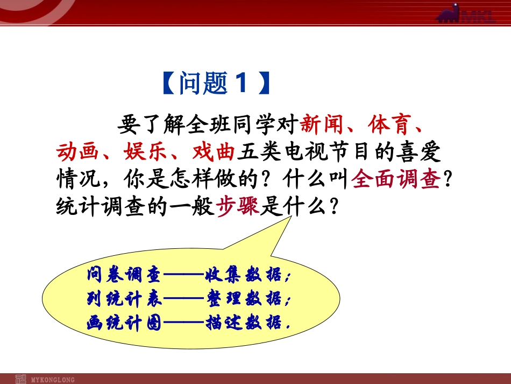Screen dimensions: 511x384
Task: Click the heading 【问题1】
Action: point(216,83)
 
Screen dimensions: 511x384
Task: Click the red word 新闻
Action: point(321,124)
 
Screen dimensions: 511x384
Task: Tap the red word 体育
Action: point(390,124)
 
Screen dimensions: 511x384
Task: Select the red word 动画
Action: point(77,152)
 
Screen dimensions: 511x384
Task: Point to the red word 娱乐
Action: point(145,152)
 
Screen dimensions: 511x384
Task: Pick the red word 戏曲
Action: point(214,152)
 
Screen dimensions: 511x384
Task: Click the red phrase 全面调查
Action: point(396,179)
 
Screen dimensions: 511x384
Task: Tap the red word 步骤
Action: point(237,206)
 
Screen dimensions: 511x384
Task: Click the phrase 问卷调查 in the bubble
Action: point(124,274)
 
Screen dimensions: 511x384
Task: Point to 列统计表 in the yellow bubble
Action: point(124,298)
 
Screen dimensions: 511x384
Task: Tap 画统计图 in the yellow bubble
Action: point(124,323)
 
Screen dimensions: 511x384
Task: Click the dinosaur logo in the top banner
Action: point(449,13)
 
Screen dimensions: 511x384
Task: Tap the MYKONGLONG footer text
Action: point(53,380)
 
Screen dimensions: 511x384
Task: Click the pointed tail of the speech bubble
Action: point(290,217)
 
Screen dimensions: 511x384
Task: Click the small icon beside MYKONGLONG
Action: point(21,380)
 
